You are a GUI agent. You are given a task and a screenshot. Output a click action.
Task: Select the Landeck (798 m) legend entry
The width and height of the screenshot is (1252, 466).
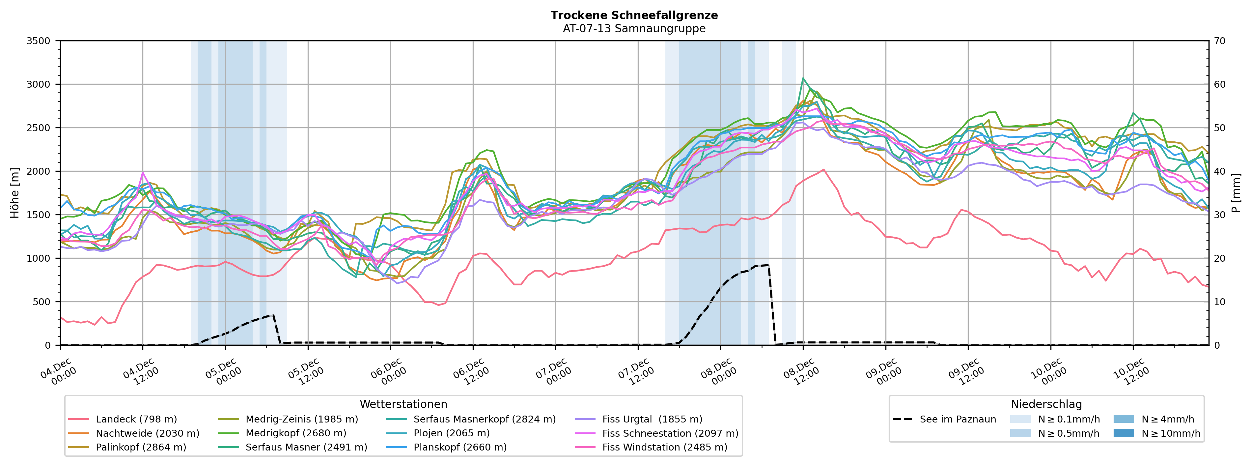pyautogui.click(x=136, y=419)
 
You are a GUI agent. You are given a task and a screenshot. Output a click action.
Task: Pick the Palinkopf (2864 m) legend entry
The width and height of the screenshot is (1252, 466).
pyautogui.click(x=141, y=447)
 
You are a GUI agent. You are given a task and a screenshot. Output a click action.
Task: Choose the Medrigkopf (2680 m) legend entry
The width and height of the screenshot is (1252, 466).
pyautogui.click(x=295, y=433)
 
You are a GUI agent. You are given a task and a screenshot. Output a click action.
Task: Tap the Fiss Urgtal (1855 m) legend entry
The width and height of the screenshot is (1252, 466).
pyautogui.click(x=652, y=419)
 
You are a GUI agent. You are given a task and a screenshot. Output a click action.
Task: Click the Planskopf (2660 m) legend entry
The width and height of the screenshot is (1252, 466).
pyautogui.click(x=460, y=447)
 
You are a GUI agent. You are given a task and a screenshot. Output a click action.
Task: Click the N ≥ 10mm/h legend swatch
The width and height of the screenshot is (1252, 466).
pyautogui.click(x=1123, y=433)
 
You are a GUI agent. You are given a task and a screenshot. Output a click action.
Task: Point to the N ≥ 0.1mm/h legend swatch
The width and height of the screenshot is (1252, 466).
pyautogui.click(x=1020, y=419)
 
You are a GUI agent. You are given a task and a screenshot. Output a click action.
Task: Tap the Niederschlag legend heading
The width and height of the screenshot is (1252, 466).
pyautogui.click(x=1046, y=404)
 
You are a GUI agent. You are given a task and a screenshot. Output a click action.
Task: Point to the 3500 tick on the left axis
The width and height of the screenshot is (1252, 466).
pyautogui.click(x=39, y=41)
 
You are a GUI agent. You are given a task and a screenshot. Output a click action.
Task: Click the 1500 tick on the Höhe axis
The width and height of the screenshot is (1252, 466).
pyautogui.click(x=39, y=215)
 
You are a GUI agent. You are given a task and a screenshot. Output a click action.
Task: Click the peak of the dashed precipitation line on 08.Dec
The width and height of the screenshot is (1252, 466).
pyautogui.click(x=768, y=265)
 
